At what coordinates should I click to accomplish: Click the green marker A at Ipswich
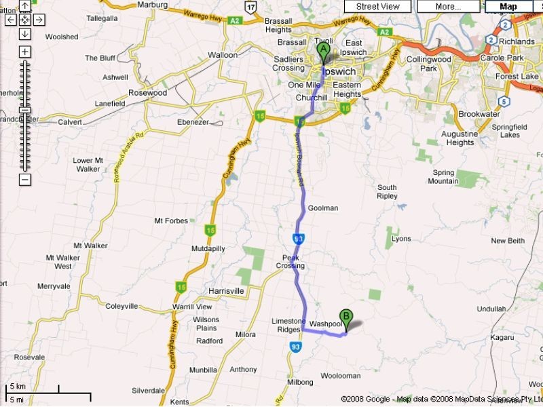pos(323,50)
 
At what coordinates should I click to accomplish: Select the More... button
pos(448,6)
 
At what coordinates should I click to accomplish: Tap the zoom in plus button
pos(24,52)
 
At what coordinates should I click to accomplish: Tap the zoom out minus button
pos(24,180)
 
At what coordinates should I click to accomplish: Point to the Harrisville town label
pos(226,291)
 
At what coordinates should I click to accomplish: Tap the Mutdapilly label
pos(189,249)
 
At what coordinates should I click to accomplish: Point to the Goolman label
pos(322,208)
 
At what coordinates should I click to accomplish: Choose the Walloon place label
pos(223,55)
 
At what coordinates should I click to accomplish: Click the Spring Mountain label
pos(443,177)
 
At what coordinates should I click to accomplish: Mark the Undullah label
pos(492,309)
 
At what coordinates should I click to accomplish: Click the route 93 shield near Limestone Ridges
pos(295,347)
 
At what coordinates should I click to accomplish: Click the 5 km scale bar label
pos(17,387)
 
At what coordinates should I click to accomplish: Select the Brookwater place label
pos(479,114)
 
